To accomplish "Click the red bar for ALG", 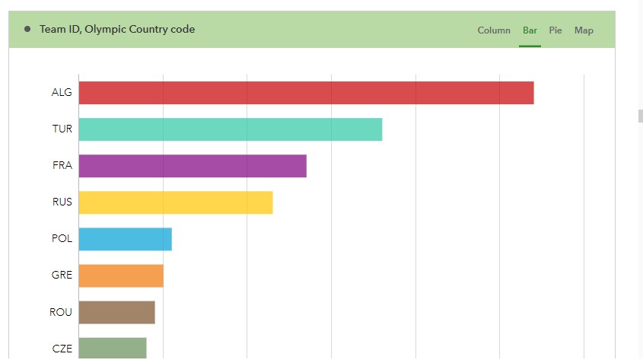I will (x=306, y=93).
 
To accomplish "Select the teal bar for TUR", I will (x=230, y=129).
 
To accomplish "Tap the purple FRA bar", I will (x=192, y=166).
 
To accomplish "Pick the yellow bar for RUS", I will (x=175, y=202).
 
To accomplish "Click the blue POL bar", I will (x=125, y=239).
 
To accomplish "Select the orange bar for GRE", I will (x=120, y=276).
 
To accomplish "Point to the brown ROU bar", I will (x=116, y=312).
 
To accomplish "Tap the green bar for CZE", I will (x=112, y=349).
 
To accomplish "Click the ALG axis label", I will (x=62, y=93).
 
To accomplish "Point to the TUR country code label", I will (x=62, y=129).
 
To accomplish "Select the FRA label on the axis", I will (x=62, y=166).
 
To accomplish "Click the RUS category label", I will (x=62, y=202).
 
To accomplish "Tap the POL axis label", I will (x=62, y=239).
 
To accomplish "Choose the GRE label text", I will (x=62, y=276).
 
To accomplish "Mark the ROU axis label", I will (x=61, y=312).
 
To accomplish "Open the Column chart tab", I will (x=494, y=30).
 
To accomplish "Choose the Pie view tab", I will (x=555, y=30).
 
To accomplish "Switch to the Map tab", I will (x=584, y=30).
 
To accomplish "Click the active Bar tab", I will (x=530, y=30).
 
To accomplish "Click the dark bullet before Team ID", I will (x=27, y=30).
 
